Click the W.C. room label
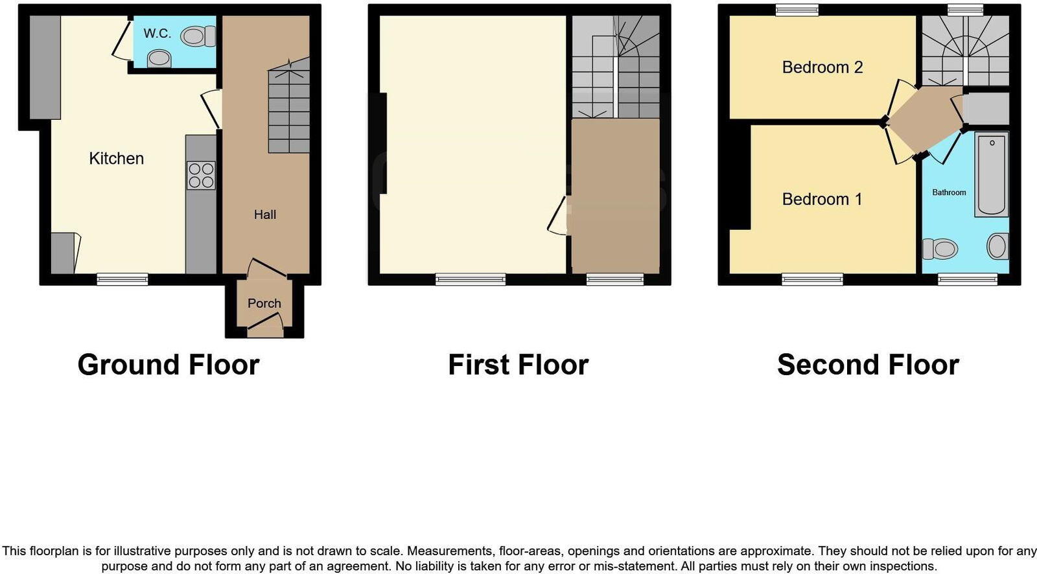click(157, 34)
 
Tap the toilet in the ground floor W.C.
click(198, 36)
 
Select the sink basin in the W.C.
click(159, 60)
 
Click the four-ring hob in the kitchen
click(201, 176)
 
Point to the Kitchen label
click(116, 159)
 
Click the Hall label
click(265, 214)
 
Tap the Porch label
click(264, 303)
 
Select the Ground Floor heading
click(169, 365)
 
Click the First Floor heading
click(518, 365)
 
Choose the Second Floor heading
click(868, 365)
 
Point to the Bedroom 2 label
click(822, 67)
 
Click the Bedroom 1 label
click(822, 199)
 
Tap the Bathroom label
click(949, 192)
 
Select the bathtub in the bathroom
click(992, 174)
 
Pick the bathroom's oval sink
click(997, 246)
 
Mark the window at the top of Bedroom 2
click(797, 10)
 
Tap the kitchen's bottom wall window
click(122, 279)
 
